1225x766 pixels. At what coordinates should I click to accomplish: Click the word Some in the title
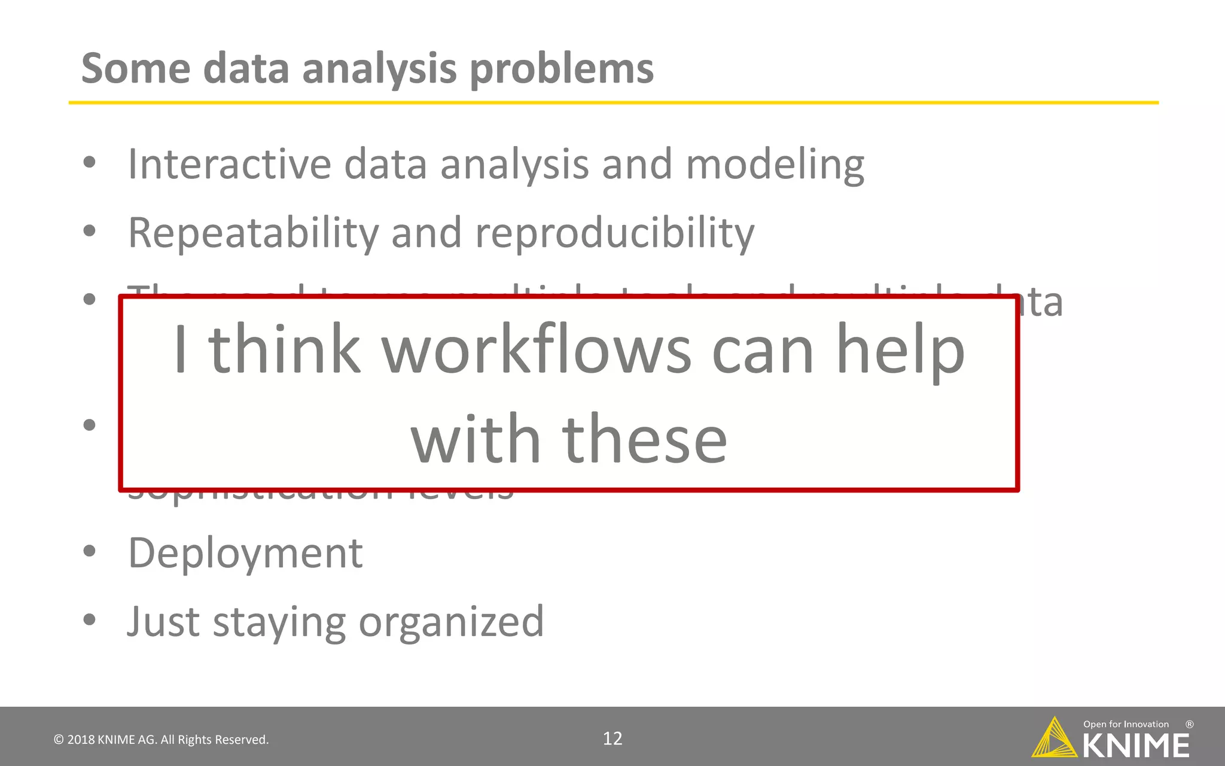136,68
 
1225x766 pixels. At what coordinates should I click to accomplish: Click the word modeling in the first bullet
775,165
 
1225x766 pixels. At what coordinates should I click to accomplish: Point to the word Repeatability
254,233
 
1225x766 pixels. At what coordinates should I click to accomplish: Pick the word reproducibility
614,233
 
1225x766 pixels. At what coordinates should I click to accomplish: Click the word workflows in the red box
536,349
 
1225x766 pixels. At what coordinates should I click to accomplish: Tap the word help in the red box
900,351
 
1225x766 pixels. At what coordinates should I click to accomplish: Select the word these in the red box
644,439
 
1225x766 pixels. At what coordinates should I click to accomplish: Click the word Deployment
245,553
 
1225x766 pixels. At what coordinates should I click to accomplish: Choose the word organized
451,622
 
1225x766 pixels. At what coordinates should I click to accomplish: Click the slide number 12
612,738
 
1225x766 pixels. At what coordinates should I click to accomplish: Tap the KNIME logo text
1135,746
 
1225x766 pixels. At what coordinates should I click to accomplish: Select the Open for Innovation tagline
1126,724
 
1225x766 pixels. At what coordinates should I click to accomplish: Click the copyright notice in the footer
161,740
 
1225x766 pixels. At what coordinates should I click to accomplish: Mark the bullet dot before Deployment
90,551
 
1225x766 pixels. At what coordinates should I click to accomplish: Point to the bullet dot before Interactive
90,162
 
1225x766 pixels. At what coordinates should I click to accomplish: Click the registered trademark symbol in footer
1189,724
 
